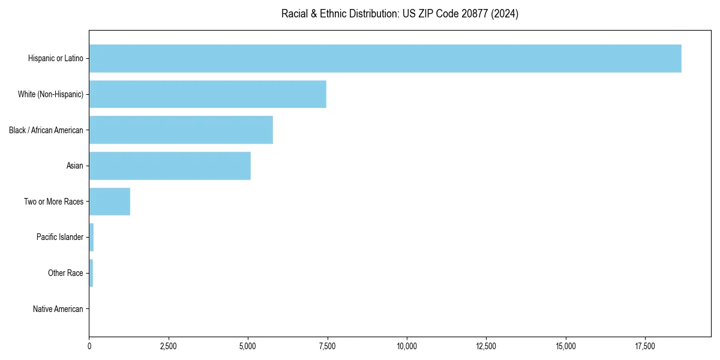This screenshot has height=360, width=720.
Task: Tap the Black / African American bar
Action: pos(181,130)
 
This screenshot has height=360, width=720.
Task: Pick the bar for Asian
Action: pos(170,166)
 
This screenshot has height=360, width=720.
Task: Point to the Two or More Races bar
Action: pos(110,202)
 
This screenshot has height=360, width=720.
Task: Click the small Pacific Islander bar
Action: pos(91,237)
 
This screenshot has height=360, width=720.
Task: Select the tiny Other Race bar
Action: pos(91,273)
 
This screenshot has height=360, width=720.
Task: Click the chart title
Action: pos(400,14)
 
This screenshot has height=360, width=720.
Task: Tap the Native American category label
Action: pos(58,309)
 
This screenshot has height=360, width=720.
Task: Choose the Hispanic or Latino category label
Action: pos(56,58)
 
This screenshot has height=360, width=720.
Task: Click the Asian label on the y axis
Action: pos(75,166)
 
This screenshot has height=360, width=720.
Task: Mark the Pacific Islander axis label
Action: pos(60,237)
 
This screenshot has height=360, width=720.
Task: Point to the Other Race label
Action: pos(65,273)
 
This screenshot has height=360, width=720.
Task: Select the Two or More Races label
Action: pos(54,202)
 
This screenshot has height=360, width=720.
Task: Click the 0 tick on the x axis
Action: pos(89,346)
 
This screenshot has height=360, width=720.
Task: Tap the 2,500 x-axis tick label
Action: pos(169,346)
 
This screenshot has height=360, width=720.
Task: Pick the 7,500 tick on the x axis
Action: pos(328,346)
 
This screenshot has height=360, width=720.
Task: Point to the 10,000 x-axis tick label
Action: pos(407,346)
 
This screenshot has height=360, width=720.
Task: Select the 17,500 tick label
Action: pos(645,346)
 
